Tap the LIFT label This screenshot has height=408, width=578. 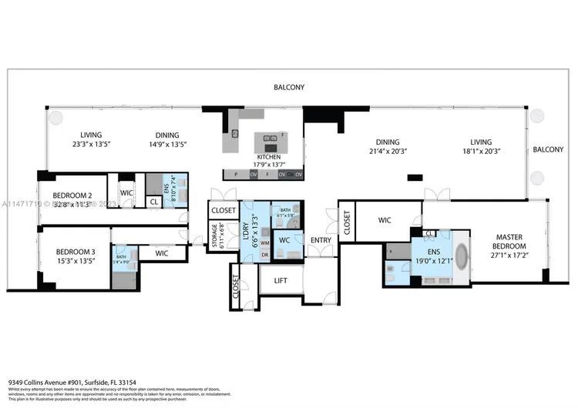coord(281,281)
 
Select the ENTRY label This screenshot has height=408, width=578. coord(321,241)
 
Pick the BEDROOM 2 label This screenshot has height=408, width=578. coord(72,196)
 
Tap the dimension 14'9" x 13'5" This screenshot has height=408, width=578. coord(166,144)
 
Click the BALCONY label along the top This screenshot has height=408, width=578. coord(288,88)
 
